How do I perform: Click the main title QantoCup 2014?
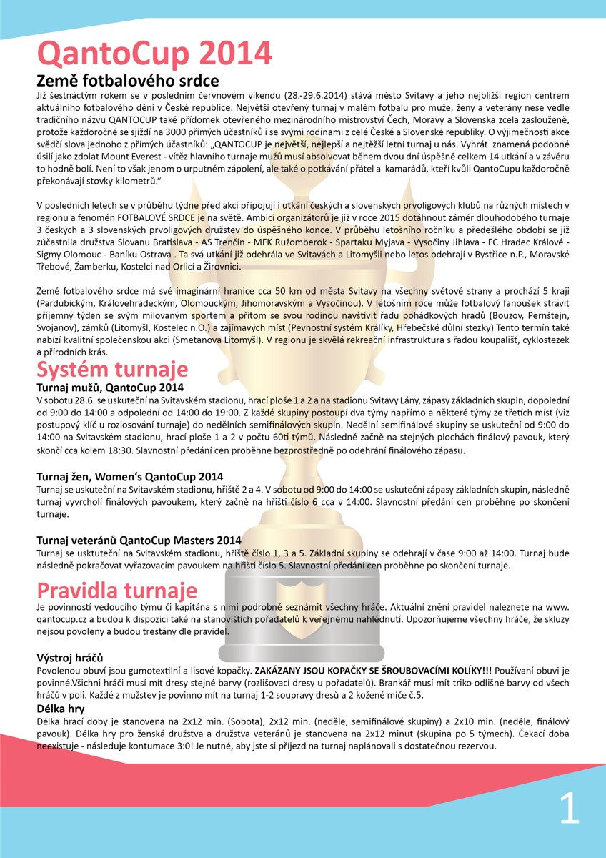coord(154,54)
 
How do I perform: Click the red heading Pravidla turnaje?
coord(116,591)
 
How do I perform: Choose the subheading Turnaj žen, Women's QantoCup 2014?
coord(129,477)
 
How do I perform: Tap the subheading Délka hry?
coord(61,709)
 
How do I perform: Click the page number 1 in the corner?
coord(569,810)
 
